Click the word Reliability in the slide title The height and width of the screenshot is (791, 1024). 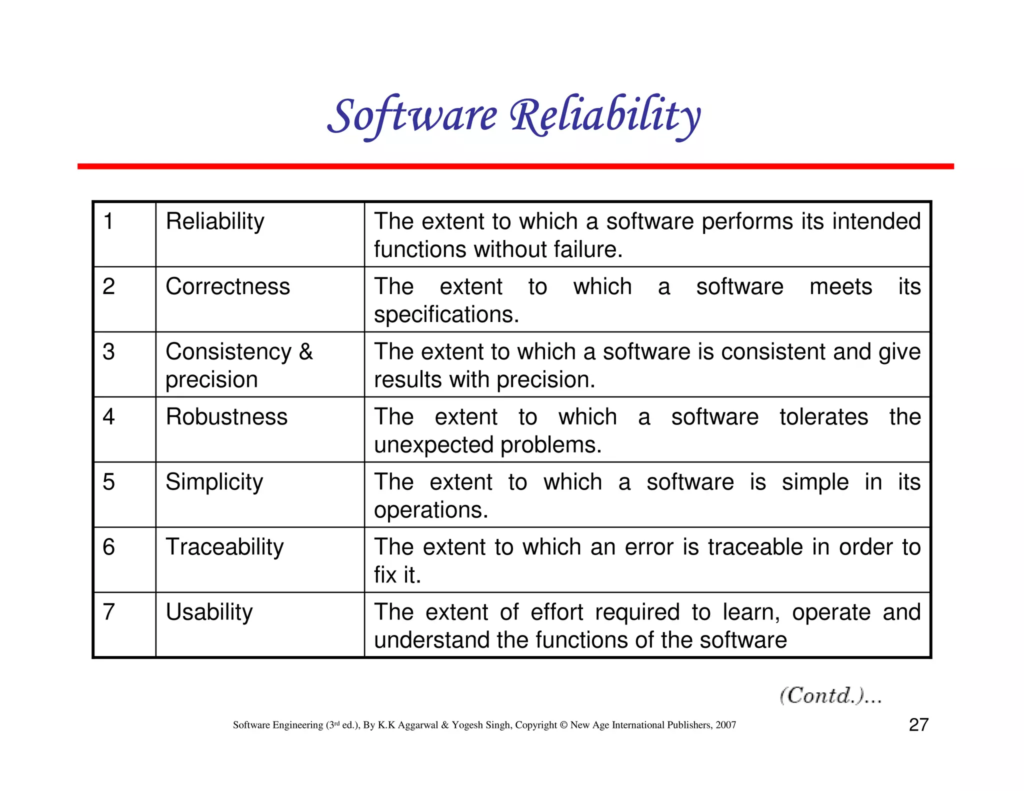tap(605, 116)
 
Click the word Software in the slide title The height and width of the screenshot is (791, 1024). tap(412, 116)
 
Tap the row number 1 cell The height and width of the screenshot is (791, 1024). tap(108, 221)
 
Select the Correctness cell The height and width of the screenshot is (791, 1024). tap(227, 287)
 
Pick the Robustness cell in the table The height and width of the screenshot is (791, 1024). tap(226, 417)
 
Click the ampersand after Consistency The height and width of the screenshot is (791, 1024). tap(306, 352)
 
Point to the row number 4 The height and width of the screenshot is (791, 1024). tap(108, 417)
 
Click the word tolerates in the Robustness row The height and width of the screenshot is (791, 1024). tap(823, 417)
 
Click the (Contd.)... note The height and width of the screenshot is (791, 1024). tap(830, 695)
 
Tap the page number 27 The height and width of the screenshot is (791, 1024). tap(918, 725)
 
